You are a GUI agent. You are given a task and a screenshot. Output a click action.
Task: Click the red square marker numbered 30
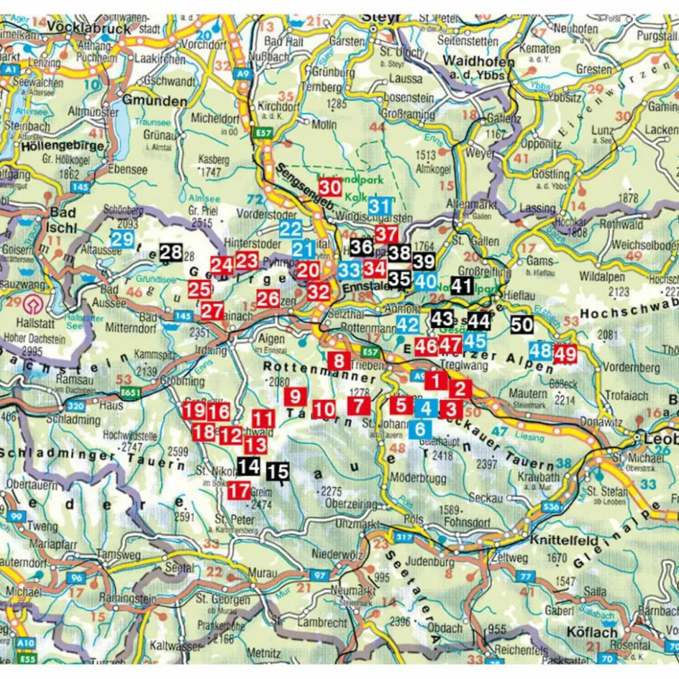click(329, 186)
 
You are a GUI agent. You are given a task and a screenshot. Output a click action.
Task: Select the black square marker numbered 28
click(171, 252)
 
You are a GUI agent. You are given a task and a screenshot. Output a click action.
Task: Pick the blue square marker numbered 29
click(122, 239)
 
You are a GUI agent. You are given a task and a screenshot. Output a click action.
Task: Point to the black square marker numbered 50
click(522, 324)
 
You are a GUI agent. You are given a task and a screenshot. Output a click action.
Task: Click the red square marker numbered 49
click(565, 353)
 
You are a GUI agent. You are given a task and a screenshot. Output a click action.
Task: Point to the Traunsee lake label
click(161, 123)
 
